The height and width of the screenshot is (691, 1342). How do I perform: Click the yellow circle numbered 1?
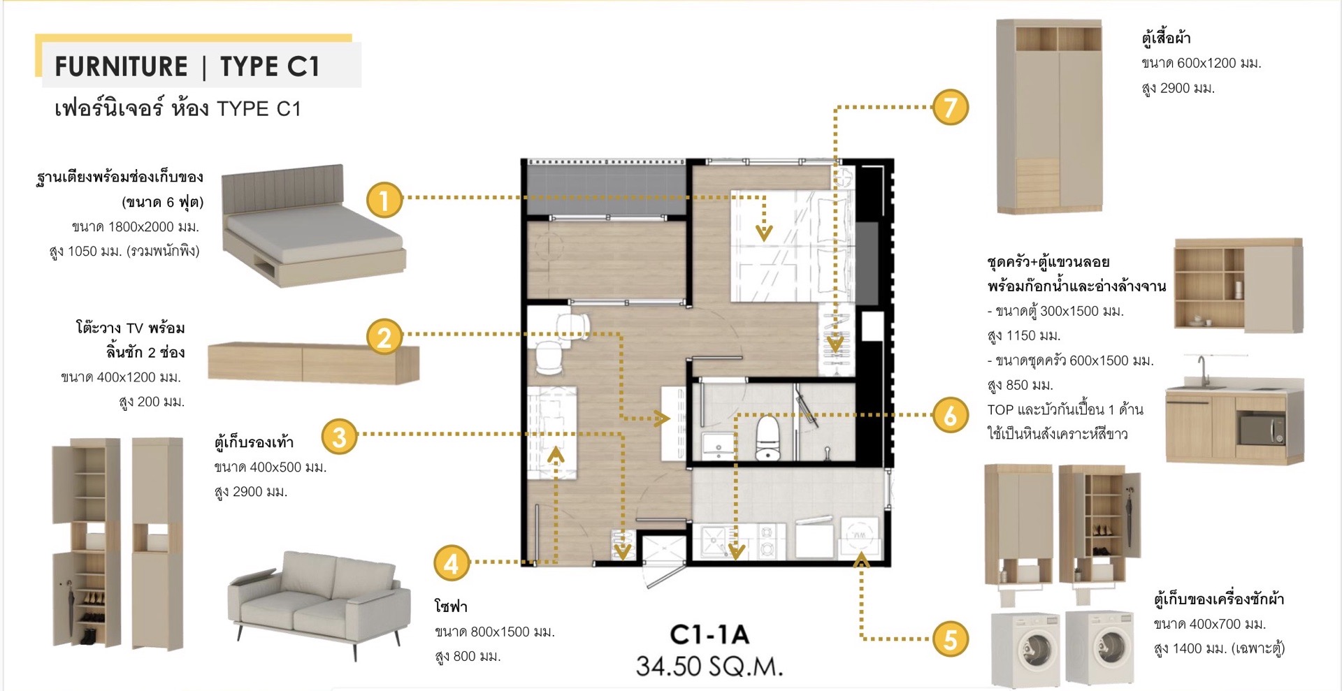384,200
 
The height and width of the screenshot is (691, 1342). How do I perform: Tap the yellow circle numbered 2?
384,337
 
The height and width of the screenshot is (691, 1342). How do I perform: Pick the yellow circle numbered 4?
451,563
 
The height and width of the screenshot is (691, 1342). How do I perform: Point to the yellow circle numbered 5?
951,639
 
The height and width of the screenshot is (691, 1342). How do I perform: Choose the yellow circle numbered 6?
951,415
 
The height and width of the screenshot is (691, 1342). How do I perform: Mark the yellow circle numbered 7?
951,107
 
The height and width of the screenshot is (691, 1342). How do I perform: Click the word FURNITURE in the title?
121,66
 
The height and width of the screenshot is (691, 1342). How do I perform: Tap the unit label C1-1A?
709,634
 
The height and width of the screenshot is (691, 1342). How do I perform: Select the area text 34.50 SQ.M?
709,667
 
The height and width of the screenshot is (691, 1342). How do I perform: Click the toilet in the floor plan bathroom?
768,438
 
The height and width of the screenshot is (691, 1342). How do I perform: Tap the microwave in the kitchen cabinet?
1262,429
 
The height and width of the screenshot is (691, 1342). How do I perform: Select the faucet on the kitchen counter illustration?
1202,370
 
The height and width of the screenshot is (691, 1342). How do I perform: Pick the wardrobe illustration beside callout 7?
1049,116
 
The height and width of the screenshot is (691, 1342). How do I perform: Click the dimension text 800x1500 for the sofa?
500,632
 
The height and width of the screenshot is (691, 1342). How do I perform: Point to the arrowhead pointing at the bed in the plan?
764,233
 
